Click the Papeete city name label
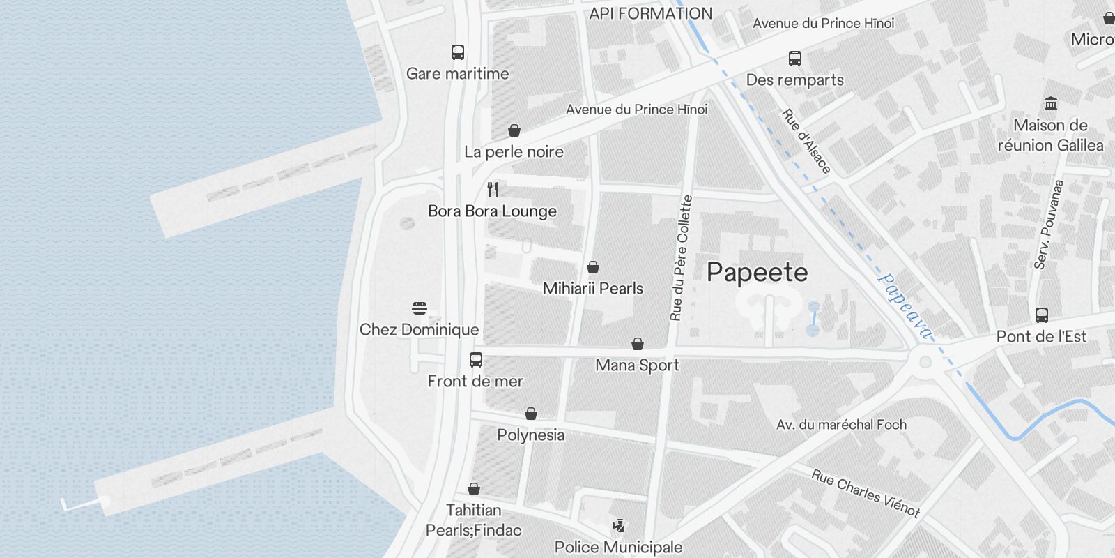(757, 273)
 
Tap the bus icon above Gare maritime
(458, 52)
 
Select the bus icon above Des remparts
(795, 59)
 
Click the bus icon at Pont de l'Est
(1041, 315)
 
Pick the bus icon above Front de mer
(476, 360)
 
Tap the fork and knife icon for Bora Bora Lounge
(493, 189)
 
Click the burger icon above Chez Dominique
(420, 308)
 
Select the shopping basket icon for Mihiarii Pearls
(593, 267)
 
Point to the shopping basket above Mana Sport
(637, 344)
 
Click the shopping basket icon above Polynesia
(531, 414)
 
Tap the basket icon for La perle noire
(514, 130)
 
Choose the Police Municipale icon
(618, 526)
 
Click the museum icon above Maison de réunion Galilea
(1051, 104)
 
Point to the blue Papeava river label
(904, 306)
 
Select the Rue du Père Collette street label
(681, 258)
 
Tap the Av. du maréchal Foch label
(841, 424)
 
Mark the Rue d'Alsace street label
(806, 142)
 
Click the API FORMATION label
(650, 13)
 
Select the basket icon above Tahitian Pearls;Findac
(474, 489)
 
